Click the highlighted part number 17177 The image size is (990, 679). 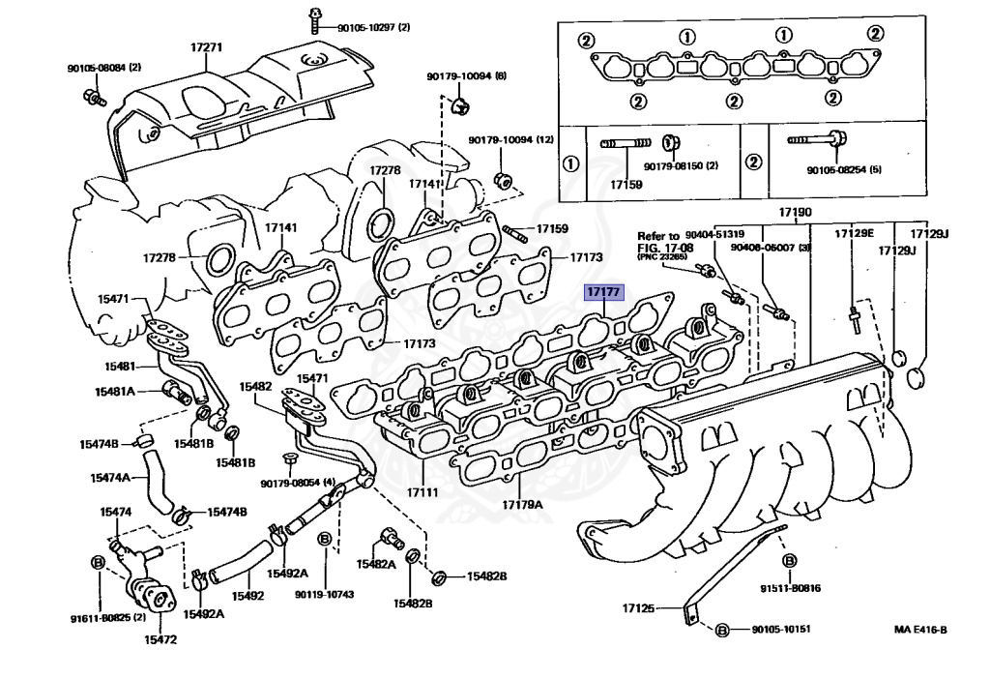click(x=603, y=291)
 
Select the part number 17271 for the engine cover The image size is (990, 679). click(x=207, y=46)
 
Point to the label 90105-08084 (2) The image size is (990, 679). click(x=103, y=68)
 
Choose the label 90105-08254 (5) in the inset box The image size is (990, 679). click(x=845, y=170)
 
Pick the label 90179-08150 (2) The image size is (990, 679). click(x=685, y=166)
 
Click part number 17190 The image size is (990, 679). click(x=796, y=212)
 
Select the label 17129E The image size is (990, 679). click(x=854, y=233)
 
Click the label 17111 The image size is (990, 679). click(x=422, y=491)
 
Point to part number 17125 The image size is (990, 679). click(x=638, y=608)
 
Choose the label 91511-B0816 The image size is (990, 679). click(x=790, y=587)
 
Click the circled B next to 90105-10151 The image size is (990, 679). click(x=720, y=631)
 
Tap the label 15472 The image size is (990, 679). click(x=160, y=638)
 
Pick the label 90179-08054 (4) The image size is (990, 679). click(x=297, y=483)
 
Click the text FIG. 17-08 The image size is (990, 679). click(x=664, y=247)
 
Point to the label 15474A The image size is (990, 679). click(x=110, y=477)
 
